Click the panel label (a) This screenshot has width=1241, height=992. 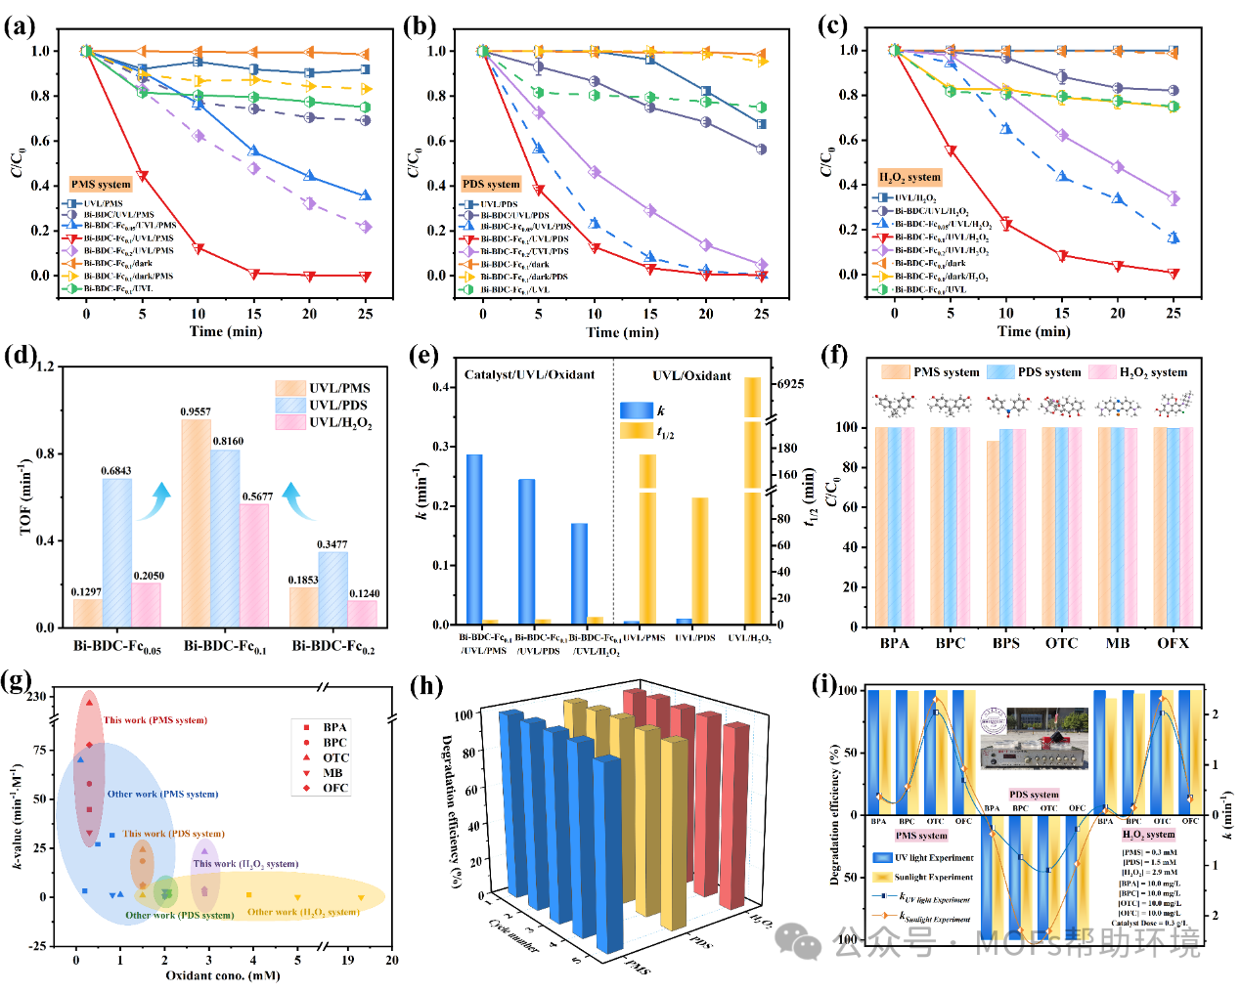tap(20, 25)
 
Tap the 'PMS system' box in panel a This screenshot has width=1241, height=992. tap(101, 184)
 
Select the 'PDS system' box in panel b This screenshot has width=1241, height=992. tap(491, 184)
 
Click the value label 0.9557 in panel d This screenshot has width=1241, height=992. tap(196, 411)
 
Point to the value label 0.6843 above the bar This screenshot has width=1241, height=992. tap(115, 471)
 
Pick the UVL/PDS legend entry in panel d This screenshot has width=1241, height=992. tap(338, 406)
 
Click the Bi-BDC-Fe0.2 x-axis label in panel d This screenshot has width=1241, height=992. tap(332, 647)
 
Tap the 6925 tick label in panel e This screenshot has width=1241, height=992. tap(790, 384)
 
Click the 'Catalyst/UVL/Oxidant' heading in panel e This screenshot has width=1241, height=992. tap(529, 375)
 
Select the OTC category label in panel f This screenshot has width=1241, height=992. tap(1061, 643)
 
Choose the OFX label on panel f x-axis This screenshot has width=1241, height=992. tap(1173, 643)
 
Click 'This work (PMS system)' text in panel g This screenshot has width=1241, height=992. tap(155, 720)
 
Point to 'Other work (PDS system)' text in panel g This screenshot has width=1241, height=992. tap(179, 916)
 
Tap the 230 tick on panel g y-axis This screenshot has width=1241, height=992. tap(36, 697)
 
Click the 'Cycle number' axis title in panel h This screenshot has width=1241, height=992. tap(513, 934)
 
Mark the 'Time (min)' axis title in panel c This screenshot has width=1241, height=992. tap(1034, 331)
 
